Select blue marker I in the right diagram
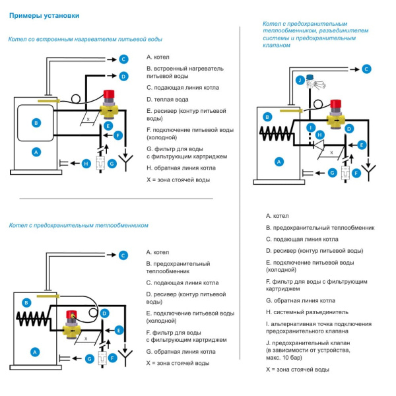(311, 127)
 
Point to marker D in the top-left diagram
(123, 76)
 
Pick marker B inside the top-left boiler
(36, 123)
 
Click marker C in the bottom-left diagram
(123, 255)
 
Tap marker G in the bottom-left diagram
(88, 358)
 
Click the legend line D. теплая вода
(168, 99)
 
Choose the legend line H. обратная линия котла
(178, 168)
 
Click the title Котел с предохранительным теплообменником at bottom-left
(78, 226)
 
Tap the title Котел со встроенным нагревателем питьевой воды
(85, 40)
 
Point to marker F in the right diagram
(356, 173)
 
